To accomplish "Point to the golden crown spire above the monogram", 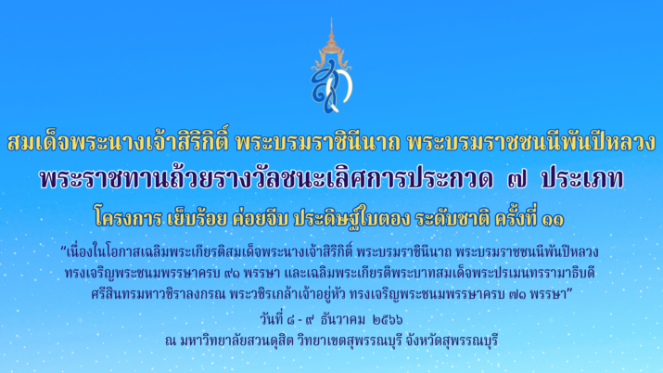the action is pyautogui.click(x=332, y=40).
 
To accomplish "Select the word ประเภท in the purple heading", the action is pyautogui.click(x=582, y=179).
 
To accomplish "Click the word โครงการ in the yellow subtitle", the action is pyautogui.click(x=128, y=218).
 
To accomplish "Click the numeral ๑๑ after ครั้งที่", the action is pyautogui.click(x=553, y=220).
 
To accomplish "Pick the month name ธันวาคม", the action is pyautogui.click(x=342, y=319).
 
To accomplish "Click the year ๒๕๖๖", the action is pyautogui.click(x=388, y=320).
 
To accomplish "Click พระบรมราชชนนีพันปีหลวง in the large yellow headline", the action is pyautogui.click(x=531, y=142).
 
